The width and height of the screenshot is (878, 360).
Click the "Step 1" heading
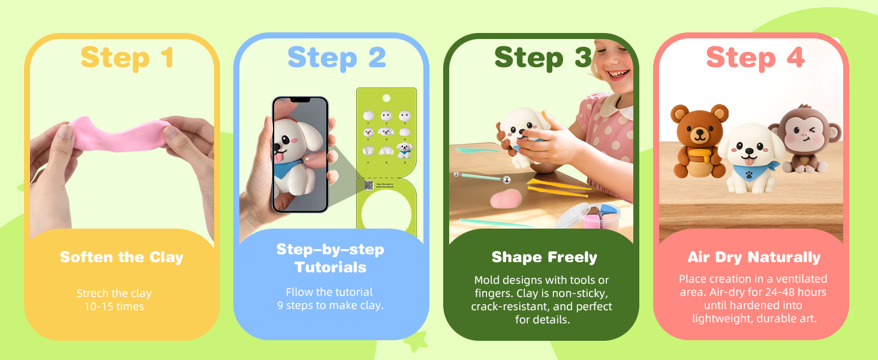[x=127, y=58]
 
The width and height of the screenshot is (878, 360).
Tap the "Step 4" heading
[x=754, y=58]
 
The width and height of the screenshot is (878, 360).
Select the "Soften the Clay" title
[x=122, y=257]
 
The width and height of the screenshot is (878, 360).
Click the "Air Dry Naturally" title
[x=754, y=257]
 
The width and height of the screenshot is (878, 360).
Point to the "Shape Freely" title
[x=544, y=257]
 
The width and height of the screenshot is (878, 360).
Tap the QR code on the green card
[x=369, y=186]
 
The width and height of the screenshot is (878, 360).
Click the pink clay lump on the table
[x=506, y=199]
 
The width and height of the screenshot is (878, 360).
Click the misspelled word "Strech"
[x=94, y=293]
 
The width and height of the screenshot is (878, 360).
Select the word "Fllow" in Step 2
[x=300, y=292]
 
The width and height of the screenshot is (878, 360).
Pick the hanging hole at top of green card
[x=386, y=98]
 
